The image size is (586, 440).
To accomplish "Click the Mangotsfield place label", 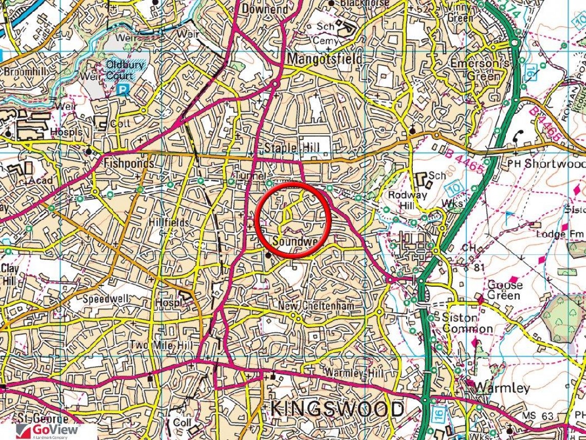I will coord(324,59).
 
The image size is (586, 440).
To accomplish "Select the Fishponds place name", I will coord(129,164).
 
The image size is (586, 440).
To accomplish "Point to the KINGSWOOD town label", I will coord(337,409).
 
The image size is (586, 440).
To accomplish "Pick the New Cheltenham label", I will coord(316,306).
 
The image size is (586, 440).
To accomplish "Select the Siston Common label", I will coord(467,323).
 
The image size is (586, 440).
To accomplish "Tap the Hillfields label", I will coord(169,222).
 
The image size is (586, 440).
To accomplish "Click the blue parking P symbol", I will coord(122,90).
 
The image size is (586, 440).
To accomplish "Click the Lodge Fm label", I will coord(558,234).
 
